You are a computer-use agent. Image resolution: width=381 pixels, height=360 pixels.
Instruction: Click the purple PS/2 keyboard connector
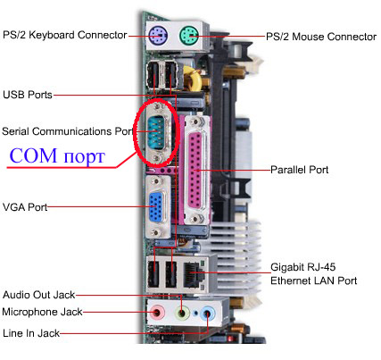tap(158, 35)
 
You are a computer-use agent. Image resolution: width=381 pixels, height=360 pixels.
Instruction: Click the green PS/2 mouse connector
tap(189, 35)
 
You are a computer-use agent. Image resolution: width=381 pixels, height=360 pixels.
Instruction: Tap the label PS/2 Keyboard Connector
tap(65, 35)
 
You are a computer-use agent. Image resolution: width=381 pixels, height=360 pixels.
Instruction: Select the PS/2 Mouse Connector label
tap(321, 37)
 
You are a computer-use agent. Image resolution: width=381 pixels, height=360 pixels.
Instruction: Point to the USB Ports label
tap(28, 95)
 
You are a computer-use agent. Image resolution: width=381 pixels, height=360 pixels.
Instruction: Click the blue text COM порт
tap(57, 155)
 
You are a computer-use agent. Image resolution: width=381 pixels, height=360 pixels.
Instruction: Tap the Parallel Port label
tap(299, 170)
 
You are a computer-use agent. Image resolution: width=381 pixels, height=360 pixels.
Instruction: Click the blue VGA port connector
tap(156, 207)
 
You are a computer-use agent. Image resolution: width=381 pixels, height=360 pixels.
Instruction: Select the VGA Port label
tap(25, 207)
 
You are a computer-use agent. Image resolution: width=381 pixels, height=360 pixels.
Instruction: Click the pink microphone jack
tap(158, 313)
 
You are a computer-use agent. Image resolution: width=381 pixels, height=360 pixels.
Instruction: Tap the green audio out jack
tap(182, 313)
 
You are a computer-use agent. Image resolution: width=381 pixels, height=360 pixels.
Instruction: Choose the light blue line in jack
tap(207, 314)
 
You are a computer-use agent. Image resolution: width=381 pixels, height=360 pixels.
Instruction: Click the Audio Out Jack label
tap(38, 295)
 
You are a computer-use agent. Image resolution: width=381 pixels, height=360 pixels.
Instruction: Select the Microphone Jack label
tap(42, 312)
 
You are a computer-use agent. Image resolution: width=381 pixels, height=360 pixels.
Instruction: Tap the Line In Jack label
tap(31, 333)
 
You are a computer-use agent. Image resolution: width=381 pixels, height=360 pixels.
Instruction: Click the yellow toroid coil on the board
tap(193, 79)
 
